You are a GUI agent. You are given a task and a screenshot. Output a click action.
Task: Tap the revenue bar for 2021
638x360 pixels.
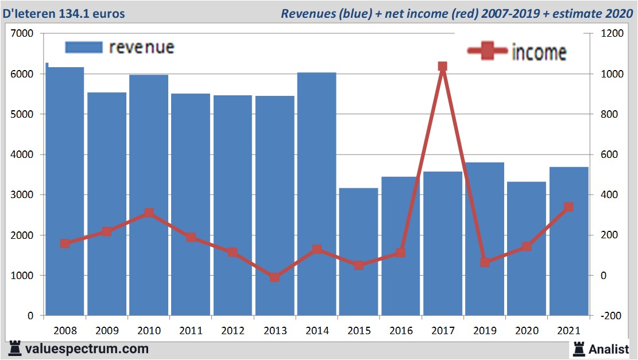[569, 241]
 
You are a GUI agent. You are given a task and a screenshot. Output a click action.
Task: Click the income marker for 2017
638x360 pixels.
[442, 67]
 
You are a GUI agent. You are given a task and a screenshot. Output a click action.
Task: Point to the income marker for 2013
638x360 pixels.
[274, 277]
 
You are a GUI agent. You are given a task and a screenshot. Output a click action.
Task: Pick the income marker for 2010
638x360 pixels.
[149, 213]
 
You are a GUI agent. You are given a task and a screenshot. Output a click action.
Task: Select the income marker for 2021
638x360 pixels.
[569, 207]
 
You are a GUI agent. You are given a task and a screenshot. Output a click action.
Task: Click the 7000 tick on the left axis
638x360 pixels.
[22, 34]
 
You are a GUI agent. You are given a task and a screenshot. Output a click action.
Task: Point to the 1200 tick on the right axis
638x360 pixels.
[612, 34]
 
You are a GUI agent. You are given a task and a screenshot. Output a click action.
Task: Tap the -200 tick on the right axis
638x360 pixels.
[611, 316]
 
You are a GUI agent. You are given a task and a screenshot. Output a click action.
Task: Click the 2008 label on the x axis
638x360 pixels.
[64, 331]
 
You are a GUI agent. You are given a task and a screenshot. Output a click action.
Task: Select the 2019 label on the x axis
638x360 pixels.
[484, 331]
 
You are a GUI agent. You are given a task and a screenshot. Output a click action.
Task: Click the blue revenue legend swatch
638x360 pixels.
[83, 47]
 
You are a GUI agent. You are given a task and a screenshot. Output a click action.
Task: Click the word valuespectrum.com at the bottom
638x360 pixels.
[87, 349]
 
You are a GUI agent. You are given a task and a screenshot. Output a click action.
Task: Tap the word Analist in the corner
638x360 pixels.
[609, 349]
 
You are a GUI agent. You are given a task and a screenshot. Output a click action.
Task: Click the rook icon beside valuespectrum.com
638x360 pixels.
[15, 349]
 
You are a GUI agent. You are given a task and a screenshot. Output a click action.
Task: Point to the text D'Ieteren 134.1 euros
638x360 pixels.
[64, 13]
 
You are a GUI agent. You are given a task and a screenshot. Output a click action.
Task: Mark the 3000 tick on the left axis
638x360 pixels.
[22, 195]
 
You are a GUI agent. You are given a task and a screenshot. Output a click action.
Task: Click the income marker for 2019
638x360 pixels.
[484, 262]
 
